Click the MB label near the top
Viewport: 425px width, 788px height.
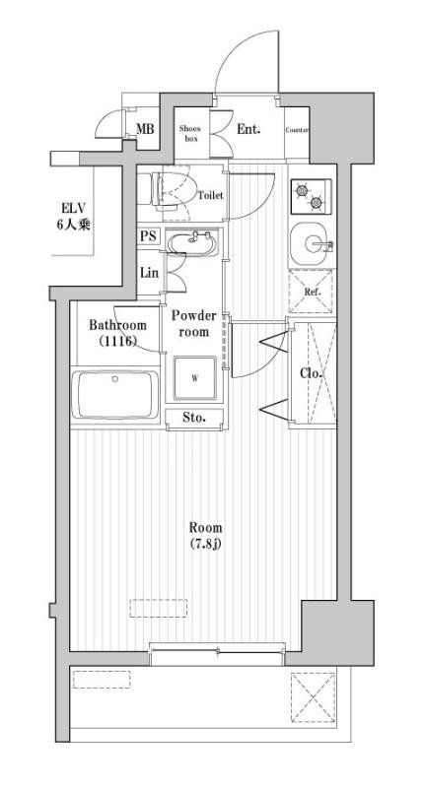[145, 129]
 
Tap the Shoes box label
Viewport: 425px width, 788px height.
[190, 133]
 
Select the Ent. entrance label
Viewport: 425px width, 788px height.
[248, 129]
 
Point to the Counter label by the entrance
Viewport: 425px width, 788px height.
[297, 130]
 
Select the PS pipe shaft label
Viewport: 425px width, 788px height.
[148, 236]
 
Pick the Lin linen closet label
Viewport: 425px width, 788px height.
[149, 273]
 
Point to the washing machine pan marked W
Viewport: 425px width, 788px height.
[195, 377]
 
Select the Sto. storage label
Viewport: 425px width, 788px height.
[194, 419]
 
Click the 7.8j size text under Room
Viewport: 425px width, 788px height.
[206, 545]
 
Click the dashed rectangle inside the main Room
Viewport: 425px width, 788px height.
[159, 607]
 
